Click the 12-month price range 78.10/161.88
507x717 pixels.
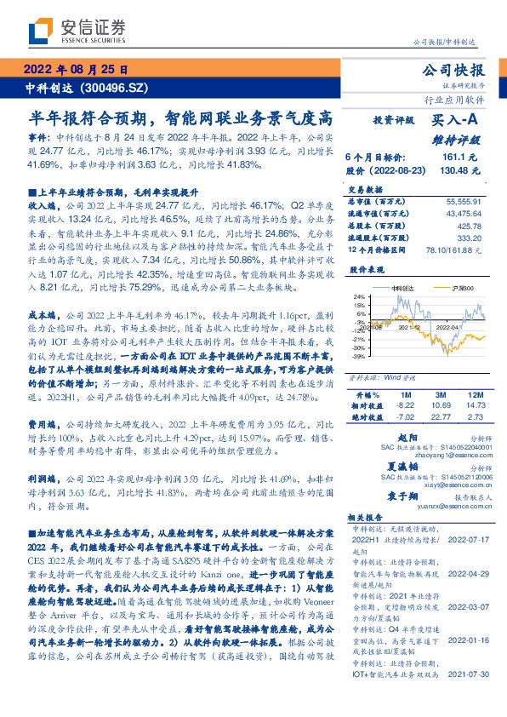(x=459, y=249)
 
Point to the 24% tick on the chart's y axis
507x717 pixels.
(x=361, y=295)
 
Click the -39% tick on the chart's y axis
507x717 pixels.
(x=361, y=357)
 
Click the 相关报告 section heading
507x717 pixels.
(x=369, y=517)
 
